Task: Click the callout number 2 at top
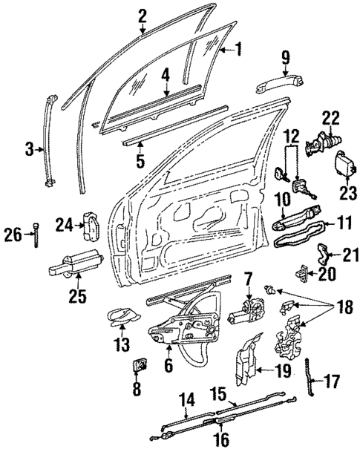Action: pos(142,14)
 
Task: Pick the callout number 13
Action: pos(120,344)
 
